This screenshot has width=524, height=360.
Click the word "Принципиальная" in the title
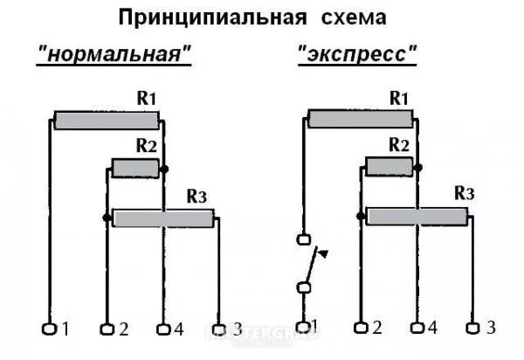209,17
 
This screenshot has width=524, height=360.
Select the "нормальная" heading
114,53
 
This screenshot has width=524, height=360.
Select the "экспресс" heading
358,53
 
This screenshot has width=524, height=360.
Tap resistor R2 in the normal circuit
134,168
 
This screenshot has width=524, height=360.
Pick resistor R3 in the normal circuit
163,218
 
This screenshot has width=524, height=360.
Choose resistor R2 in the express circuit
389,167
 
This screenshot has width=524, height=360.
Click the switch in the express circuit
306,263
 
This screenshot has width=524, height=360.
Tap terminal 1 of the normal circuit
49,329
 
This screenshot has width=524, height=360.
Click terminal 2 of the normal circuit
107,329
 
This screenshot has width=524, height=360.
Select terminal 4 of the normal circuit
162,329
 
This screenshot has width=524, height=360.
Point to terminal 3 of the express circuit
472,328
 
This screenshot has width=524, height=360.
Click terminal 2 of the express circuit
360,328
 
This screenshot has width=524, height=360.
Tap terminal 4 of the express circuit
417,328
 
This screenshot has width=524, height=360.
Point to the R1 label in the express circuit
398,98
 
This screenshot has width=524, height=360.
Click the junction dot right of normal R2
164,168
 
